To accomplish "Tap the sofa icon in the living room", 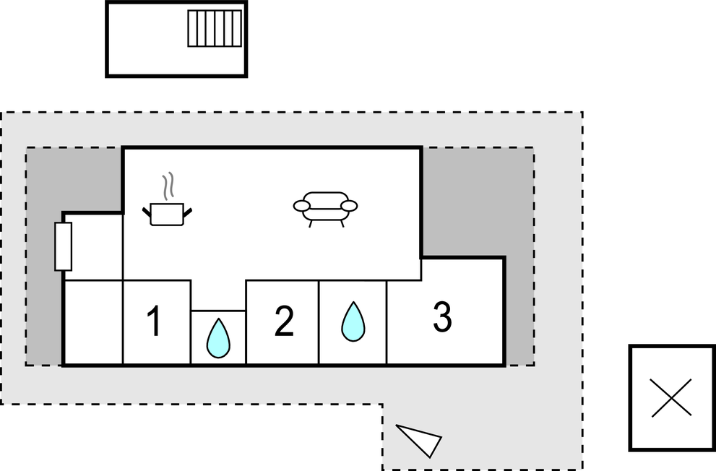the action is pyautogui.click(x=325, y=209).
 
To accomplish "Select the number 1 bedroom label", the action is pyautogui.click(x=155, y=321).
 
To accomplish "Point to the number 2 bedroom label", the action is pyautogui.click(x=284, y=321).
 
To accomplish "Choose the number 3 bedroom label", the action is pyautogui.click(x=442, y=316).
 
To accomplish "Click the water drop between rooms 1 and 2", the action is pyautogui.click(x=218, y=338).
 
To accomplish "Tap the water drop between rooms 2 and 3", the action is pyautogui.click(x=353, y=321).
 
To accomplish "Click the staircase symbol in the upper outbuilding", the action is pyautogui.click(x=215, y=29).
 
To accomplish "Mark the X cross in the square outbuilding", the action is pyautogui.click(x=671, y=397).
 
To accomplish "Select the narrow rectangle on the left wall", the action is pyautogui.click(x=63, y=246).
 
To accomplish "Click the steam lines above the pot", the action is pyautogui.click(x=168, y=186).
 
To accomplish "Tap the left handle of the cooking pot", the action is pyautogui.click(x=147, y=212).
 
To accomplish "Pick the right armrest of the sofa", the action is pyautogui.click(x=349, y=206).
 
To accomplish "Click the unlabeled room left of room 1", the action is pyautogui.click(x=92, y=323).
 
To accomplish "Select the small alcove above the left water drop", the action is pyautogui.click(x=218, y=295).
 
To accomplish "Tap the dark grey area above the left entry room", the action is pyautogui.click(x=74, y=179).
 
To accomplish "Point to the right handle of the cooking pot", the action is pyautogui.click(x=187, y=212).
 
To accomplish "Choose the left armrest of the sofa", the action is pyautogui.click(x=301, y=206).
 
